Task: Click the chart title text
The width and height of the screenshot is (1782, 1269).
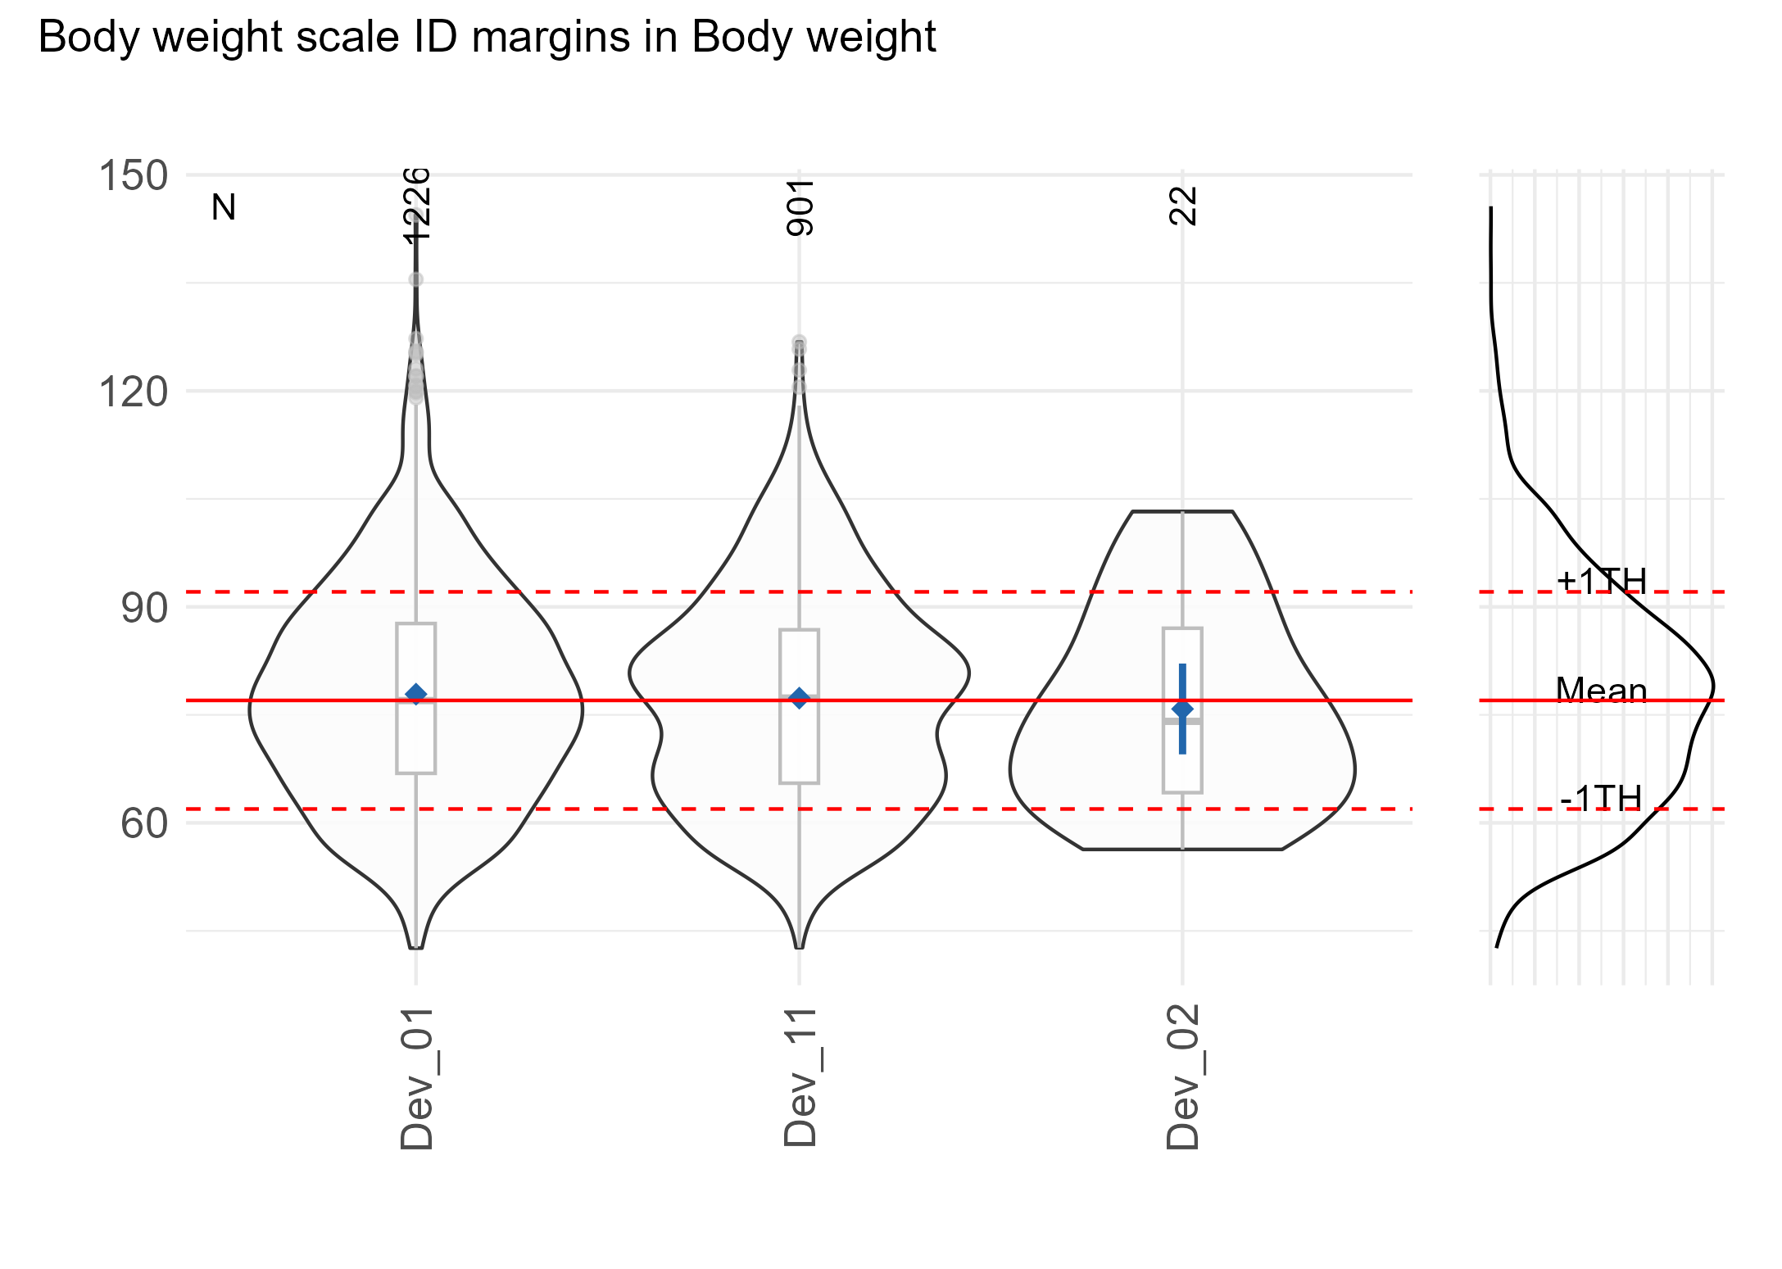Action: pyautogui.click(x=487, y=38)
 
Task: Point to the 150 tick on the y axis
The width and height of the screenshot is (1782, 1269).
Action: pyautogui.click(x=133, y=176)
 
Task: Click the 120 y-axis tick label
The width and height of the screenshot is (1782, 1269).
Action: pyautogui.click(x=133, y=392)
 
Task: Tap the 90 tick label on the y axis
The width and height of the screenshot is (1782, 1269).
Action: pyautogui.click(x=144, y=609)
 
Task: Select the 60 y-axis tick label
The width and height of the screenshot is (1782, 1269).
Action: pyautogui.click(x=144, y=823)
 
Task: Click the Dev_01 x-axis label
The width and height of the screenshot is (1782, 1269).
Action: pyautogui.click(x=416, y=1077)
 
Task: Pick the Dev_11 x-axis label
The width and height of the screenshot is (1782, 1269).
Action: pyautogui.click(x=800, y=1077)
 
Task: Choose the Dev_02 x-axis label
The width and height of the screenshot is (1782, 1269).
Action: pyautogui.click(x=1183, y=1077)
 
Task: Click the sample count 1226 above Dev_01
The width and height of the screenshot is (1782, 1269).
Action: pyautogui.click(x=416, y=205)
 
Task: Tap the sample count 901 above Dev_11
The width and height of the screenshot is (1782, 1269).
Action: pyautogui.click(x=800, y=208)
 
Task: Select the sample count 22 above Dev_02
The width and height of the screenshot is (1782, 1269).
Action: pyautogui.click(x=1183, y=206)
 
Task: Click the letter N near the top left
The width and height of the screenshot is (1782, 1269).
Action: pyautogui.click(x=224, y=208)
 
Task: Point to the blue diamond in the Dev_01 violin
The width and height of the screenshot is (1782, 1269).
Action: pyautogui.click(x=416, y=694)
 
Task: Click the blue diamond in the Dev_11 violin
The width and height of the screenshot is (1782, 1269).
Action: pyautogui.click(x=800, y=698)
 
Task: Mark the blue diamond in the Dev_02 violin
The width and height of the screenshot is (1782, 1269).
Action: pyautogui.click(x=1182, y=709)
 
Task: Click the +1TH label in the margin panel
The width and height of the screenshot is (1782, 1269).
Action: pyautogui.click(x=1602, y=581)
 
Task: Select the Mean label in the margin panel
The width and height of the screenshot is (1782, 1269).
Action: pyautogui.click(x=1602, y=691)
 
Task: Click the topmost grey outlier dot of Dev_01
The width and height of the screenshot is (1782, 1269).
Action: pyautogui.click(x=416, y=280)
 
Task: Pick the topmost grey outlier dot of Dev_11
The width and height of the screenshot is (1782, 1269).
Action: pyautogui.click(x=799, y=342)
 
